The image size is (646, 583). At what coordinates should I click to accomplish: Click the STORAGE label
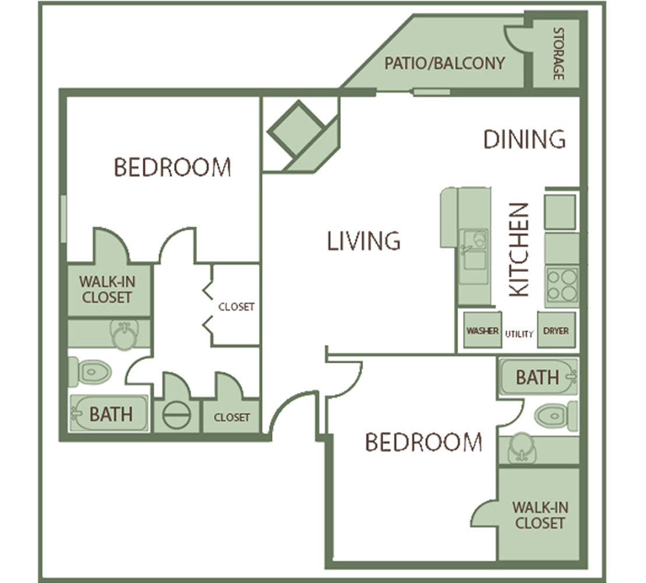[x=558, y=54]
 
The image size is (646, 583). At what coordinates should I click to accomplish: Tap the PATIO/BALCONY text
[x=444, y=64]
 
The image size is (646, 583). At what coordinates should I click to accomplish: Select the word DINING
[x=524, y=139]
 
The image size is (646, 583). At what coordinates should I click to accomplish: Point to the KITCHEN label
[x=518, y=250]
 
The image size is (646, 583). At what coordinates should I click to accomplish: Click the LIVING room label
[x=363, y=241]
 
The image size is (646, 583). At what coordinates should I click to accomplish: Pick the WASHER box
[x=482, y=330]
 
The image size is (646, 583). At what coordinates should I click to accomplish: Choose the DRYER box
[x=556, y=330]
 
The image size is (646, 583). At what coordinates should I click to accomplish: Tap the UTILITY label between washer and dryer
[x=519, y=334]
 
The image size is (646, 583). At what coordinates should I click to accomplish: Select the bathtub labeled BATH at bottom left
[x=109, y=413]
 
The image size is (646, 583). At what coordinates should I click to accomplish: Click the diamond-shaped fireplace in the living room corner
[x=296, y=129]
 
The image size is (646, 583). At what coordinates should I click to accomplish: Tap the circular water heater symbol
[x=176, y=415]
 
